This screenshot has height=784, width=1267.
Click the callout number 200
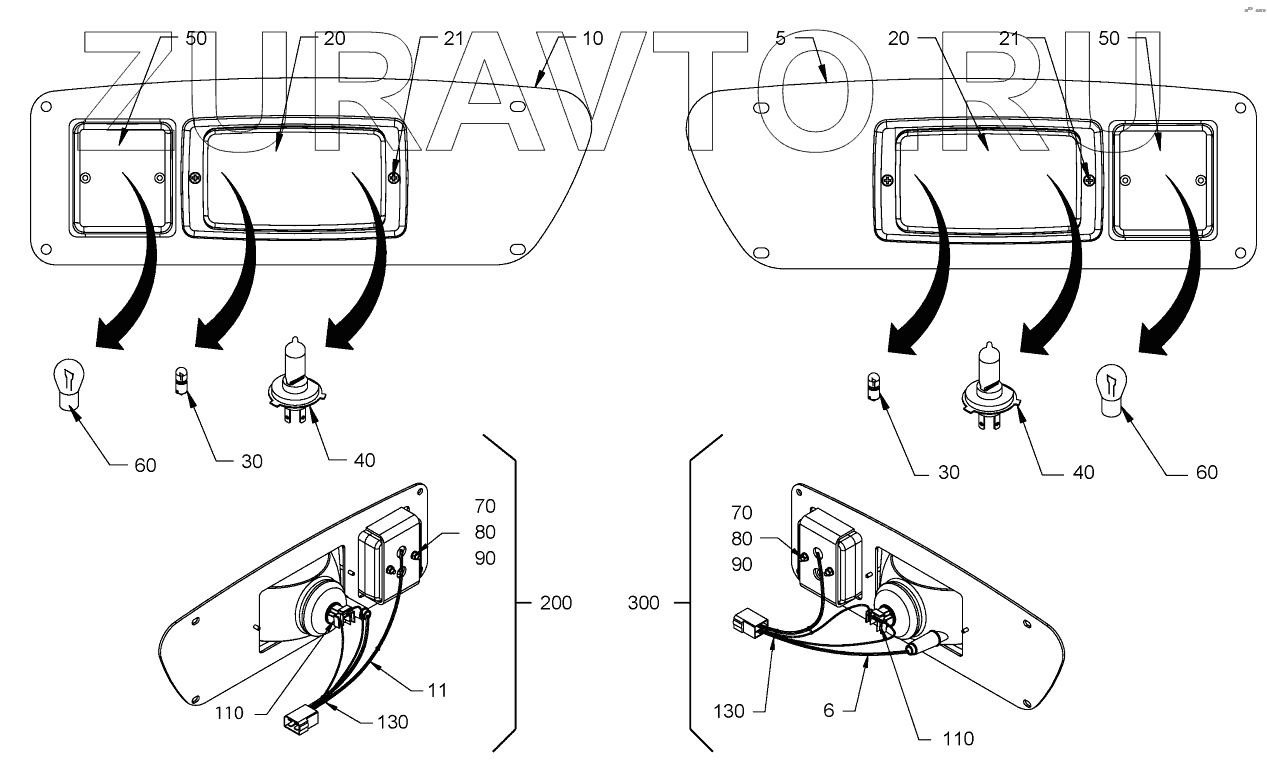(556, 603)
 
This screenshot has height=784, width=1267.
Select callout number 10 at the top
(592, 39)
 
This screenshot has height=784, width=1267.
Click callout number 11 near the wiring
(436, 690)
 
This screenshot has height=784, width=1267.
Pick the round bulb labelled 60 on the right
(1114, 390)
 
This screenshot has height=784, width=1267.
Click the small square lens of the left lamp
(122, 178)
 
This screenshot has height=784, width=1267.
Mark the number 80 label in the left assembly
(485, 532)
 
